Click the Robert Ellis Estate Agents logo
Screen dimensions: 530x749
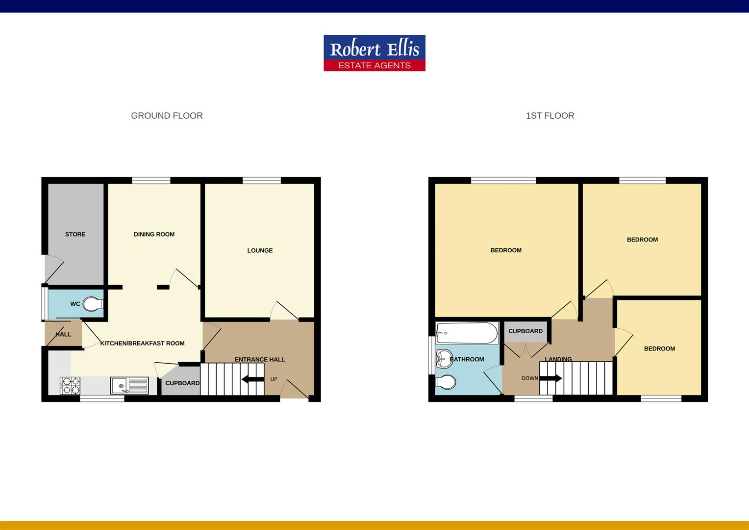tap(374, 53)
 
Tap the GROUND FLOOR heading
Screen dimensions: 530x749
tap(167, 116)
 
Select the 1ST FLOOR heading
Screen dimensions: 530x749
tap(549, 116)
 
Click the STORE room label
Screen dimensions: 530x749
tap(75, 235)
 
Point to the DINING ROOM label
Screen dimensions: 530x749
tap(154, 235)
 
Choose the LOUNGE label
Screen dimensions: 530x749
tap(260, 251)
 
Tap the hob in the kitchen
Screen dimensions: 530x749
tap(70, 385)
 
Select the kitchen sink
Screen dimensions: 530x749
tap(129, 385)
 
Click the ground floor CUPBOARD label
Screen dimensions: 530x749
tap(182, 383)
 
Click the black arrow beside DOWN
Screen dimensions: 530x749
tap(551, 378)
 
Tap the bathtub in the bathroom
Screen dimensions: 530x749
tap(467, 333)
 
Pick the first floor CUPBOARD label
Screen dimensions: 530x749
tap(525, 331)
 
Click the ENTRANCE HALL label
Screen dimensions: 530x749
tap(260, 360)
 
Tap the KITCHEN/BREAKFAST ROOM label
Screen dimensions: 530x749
tap(142, 344)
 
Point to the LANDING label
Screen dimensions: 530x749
tap(558, 359)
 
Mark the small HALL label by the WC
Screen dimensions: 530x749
tap(63, 335)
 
